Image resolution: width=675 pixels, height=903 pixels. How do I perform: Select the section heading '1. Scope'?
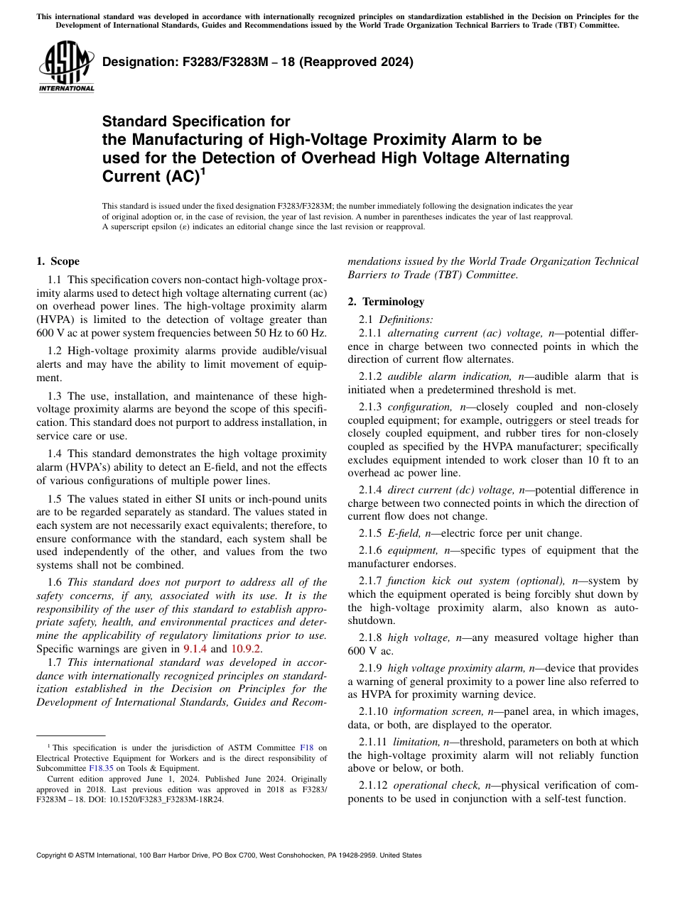click(x=58, y=261)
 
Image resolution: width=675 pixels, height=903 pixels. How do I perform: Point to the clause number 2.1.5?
click(x=370, y=533)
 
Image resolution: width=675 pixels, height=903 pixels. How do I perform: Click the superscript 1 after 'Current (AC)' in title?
click(x=202, y=170)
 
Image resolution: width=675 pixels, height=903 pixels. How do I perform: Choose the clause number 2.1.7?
click(x=370, y=580)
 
